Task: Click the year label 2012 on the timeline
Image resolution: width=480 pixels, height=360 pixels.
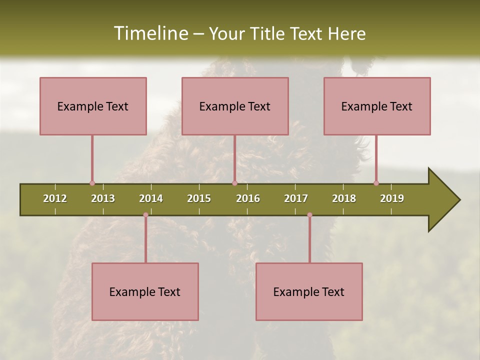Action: (55, 198)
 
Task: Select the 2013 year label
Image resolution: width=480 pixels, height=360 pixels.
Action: (103, 198)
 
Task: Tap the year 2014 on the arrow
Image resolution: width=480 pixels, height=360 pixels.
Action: (151, 198)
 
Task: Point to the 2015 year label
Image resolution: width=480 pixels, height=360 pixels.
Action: (199, 198)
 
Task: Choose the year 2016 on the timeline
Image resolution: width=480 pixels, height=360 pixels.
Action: (248, 198)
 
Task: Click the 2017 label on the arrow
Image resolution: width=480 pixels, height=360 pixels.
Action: (296, 198)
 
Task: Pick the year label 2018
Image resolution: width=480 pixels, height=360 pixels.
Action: (344, 198)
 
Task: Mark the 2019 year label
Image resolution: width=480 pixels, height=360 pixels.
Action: (392, 198)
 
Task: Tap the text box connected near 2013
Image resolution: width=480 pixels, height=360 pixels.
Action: (93, 106)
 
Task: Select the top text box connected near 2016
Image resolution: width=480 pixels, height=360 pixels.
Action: (235, 106)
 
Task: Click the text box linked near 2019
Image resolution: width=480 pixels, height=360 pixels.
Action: (377, 106)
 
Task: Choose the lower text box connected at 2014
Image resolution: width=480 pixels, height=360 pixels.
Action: (145, 291)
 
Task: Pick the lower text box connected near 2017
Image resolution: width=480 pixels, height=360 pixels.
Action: (309, 291)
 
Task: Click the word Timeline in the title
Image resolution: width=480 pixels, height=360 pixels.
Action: (150, 33)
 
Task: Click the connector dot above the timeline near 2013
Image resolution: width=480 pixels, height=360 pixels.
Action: (92, 183)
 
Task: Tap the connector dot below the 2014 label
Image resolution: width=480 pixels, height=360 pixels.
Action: (145, 215)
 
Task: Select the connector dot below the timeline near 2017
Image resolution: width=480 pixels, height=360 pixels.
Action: (309, 215)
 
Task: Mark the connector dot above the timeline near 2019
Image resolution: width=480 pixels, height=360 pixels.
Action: (376, 183)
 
